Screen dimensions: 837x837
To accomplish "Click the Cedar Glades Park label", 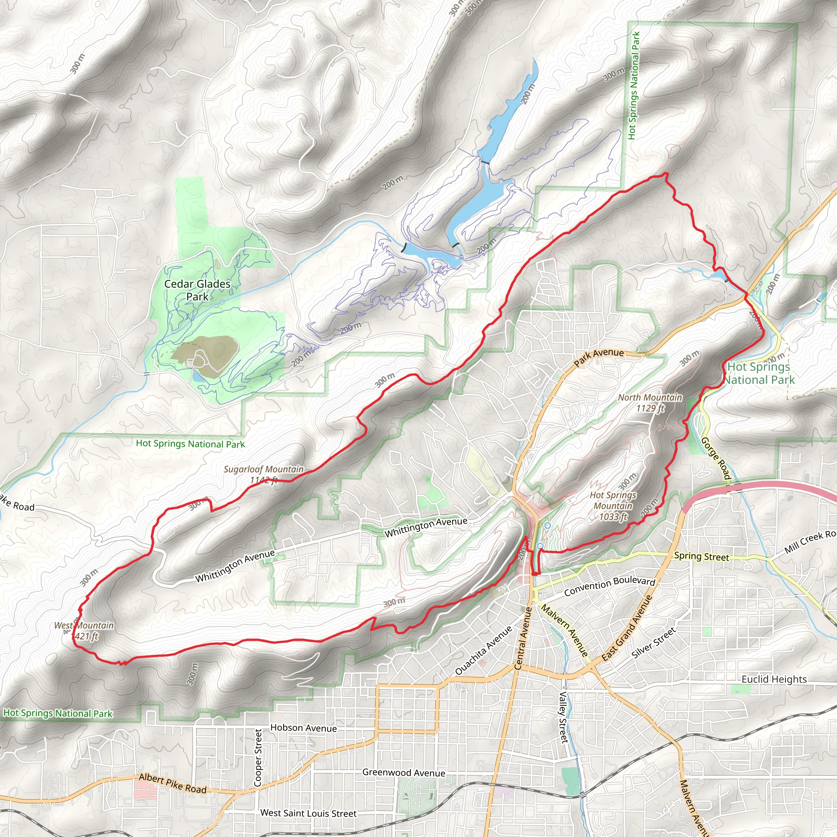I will coord(197,290).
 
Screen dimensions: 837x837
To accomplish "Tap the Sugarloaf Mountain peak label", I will coord(264,474).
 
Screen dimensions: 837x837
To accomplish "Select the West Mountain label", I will coord(84,631).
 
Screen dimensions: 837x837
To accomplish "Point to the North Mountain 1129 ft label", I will coord(649,403).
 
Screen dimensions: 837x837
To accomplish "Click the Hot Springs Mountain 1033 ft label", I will coord(613,506).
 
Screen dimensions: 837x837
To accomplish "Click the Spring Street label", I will coord(701,556).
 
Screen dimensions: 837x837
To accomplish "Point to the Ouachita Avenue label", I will coord(483,649).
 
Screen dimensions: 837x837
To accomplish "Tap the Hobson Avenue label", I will coord(303,728).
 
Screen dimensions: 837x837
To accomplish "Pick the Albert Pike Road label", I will coord(173,784).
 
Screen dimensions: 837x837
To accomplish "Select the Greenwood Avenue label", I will coord(403,772).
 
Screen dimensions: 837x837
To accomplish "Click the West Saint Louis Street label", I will coord(309,813).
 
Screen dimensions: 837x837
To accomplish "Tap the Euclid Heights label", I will coord(774,679).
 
